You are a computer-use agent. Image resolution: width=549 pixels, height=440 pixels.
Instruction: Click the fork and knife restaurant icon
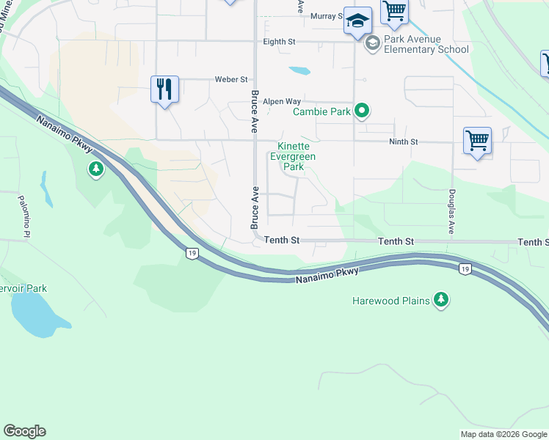(165, 89)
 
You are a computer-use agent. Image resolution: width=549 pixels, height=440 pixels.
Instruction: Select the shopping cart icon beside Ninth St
(477, 140)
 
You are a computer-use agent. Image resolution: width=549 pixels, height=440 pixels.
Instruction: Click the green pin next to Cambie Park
(361, 111)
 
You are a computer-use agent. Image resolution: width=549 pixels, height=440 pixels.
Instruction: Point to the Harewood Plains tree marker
(440, 299)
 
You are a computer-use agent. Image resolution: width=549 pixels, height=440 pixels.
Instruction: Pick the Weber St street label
(230, 79)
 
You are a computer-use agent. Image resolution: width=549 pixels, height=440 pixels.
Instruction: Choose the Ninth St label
(403, 141)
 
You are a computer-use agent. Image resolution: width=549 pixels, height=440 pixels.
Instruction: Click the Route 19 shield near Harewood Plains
(464, 269)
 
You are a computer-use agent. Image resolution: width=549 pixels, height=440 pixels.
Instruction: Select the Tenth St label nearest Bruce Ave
(283, 240)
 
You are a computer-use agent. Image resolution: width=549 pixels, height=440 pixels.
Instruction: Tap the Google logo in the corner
(24, 431)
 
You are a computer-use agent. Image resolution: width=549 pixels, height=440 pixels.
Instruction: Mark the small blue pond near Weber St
(299, 71)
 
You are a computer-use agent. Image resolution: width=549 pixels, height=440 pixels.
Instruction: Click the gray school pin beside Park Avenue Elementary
(372, 43)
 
